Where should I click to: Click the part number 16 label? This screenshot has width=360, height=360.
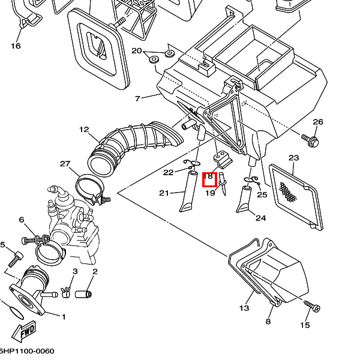pyautogui.click(x=16, y=46)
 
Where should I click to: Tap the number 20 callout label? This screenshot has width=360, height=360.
pyautogui.click(x=136, y=50)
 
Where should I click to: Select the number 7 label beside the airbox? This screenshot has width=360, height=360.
pyautogui.click(x=137, y=98)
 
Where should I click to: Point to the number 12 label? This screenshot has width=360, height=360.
pyautogui.click(x=84, y=129)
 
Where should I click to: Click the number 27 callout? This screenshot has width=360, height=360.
pyautogui.click(x=65, y=164)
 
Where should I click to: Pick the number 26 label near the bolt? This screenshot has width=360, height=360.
pyautogui.click(x=318, y=122)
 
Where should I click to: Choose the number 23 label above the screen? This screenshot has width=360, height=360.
pyautogui.click(x=293, y=158)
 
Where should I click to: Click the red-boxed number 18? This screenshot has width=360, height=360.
pyautogui.click(x=209, y=178)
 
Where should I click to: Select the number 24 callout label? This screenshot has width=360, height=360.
pyautogui.click(x=260, y=218)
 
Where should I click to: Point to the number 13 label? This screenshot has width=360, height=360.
pyautogui.click(x=244, y=308)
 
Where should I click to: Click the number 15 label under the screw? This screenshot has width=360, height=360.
pyautogui.click(x=305, y=325)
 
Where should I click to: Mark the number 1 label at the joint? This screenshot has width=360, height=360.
pyautogui.click(x=64, y=317)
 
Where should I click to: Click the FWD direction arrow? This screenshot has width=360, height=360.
pyautogui.click(x=28, y=332)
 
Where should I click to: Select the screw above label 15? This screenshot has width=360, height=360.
pyautogui.click(x=313, y=307)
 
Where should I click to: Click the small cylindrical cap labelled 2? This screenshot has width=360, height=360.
pyautogui.click(x=86, y=294)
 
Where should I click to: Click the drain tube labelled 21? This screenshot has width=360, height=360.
pyautogui.click(x=188, y=192)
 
